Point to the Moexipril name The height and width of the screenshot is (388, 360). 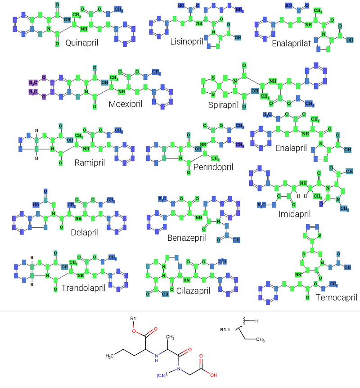tap(126, 104)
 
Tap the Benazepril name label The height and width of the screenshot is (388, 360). tap(187, 238)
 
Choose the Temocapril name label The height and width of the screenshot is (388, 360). tap(336, 297)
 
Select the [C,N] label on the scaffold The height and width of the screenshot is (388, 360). tap(162, 375)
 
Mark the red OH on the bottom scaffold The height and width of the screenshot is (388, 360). tap(213, 374)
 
